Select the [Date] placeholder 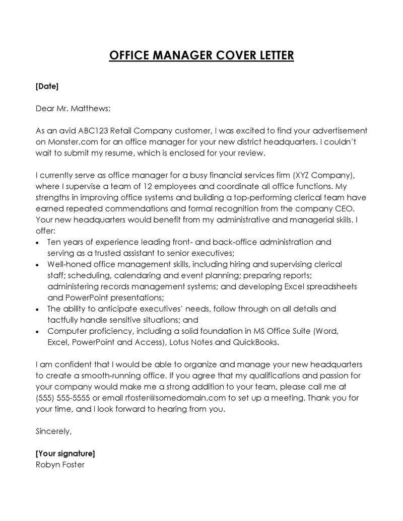[x=47, y=86]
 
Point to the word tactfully [x=64, y=320]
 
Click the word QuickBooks [x=254, y=342]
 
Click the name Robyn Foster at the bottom [x=60, y=465]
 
